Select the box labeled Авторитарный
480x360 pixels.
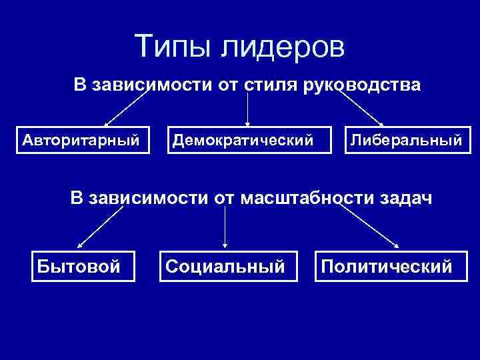(81, 141)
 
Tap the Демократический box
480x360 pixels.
(248, 141)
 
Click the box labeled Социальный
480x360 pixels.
(225, 267)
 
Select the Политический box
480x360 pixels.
(387, 267)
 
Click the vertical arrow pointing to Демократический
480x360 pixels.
(248, 110)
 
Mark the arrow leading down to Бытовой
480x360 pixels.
(101, 227)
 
